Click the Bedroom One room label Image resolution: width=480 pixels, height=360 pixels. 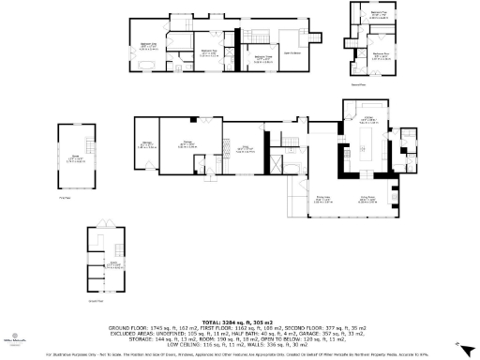[148, 44]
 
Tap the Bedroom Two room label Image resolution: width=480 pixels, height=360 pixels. [207, 51]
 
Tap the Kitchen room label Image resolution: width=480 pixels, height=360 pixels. [369, 119]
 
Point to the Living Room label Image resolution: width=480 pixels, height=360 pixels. [369, 197]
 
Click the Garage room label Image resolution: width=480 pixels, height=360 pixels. [187, 142]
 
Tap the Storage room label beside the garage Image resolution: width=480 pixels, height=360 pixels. [147, 142]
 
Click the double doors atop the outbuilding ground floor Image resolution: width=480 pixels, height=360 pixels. [109, 227]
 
